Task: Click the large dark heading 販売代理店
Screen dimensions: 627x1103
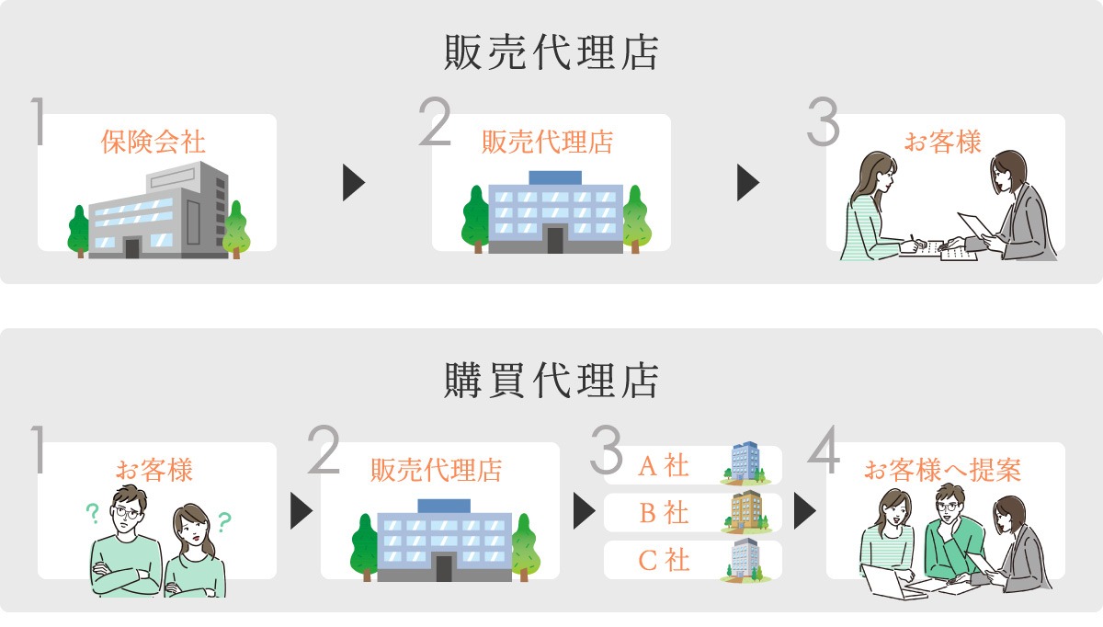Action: click(x=551, y=52)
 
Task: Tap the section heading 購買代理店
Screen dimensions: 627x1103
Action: click(x=551, y=380)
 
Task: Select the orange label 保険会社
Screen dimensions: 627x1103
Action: click(x=154, y=142)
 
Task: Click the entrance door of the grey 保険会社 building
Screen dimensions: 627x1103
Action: click(x=132, y=247)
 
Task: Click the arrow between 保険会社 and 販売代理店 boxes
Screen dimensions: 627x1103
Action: click(x=354, y=182)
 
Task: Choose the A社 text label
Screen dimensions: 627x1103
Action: click(x=663, y=465)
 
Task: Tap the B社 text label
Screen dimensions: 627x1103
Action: click(x=663, y=512)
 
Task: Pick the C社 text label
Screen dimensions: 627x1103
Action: click(x=663, y=560)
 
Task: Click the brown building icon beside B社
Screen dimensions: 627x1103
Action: click(x=745, y=511)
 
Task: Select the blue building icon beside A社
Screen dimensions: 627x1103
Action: click(x=745, y=462)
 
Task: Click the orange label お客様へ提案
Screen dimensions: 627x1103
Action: click(x=943, y=471)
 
